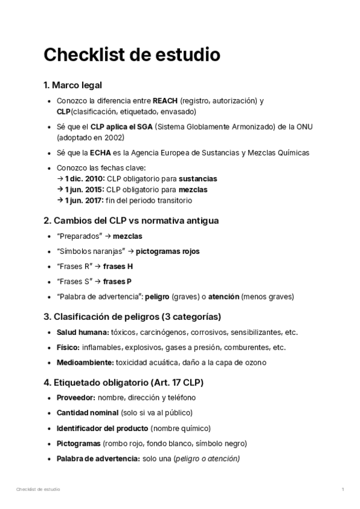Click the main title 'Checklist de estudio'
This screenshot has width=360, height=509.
click(x=131, y=55)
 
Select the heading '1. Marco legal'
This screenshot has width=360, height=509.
click(x=76, y=85)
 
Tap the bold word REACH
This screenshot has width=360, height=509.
click(x=165, y=101)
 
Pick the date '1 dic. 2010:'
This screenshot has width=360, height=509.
click(x=84, y=179)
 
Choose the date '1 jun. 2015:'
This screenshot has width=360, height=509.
click(x=84, y=190)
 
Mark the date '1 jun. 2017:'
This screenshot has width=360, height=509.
click(x=84, y=200)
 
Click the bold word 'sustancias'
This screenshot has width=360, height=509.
click(x=198, y=179)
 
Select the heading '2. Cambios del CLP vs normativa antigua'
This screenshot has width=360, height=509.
click(x=131, y=220)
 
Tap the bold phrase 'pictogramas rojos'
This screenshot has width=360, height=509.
click(x=167, y=251)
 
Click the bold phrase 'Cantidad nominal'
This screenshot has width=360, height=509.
click(x=88, y=413)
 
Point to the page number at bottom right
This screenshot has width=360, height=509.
click(x=343, y=490)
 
